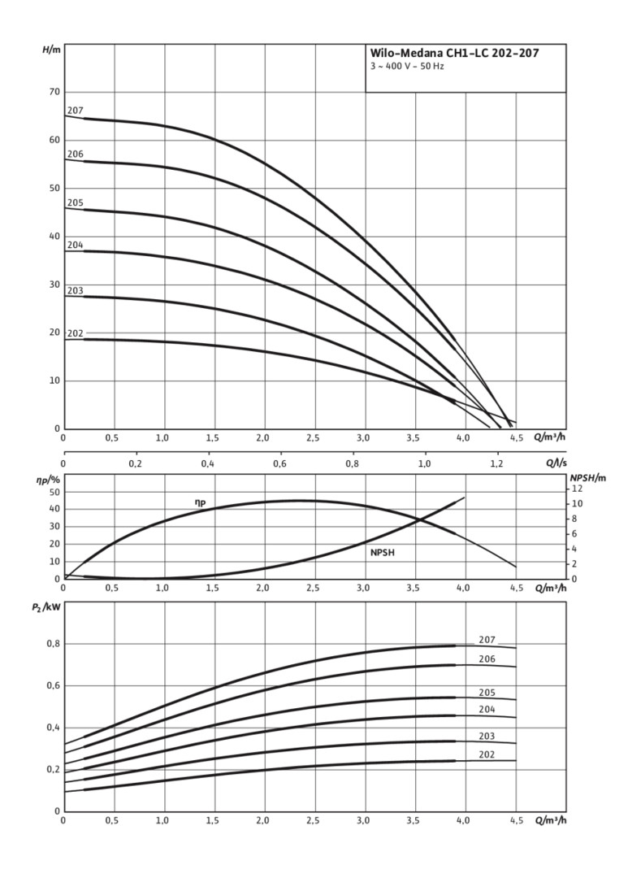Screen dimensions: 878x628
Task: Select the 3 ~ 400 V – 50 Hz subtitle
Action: pyautogui.click(x=406, y=66)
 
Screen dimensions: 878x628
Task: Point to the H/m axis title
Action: pyautogui.click(x=51, y=50)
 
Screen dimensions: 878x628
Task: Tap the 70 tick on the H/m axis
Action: pyautogui.click(x=52, y=93)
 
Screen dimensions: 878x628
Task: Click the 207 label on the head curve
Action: pyautogui.click(x=75, y=111)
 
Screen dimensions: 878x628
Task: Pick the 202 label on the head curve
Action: pyautogui.click(x=75, y=333)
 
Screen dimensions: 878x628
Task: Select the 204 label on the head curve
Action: pyautogui.click(x=75, y=245)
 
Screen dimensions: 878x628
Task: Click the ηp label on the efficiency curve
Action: pyautogui.click(x=200, y=503)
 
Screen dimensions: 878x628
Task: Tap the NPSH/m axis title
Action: pyautogui.click(x=587, y=478)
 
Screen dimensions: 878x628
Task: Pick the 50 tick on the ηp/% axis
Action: pyautogui.click(x=54, y=492)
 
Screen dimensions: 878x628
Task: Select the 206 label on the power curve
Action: pyautogui.click(x=487, y=659)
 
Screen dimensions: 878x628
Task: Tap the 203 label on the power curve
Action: pyautogui.click(x=487, y=736)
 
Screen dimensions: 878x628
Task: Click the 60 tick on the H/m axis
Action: pyautogui.click(x=52, y=141)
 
